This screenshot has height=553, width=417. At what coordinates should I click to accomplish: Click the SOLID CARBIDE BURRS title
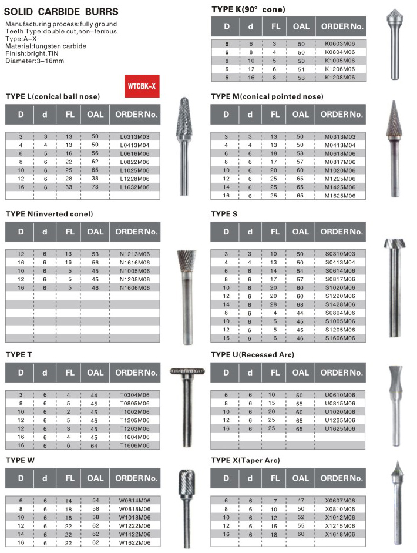pyautogui.click(x=62, y=11)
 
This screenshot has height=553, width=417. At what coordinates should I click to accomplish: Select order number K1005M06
pyautogui.click(x=341, y=61)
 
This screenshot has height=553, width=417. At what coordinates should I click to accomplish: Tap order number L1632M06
pyautogui.click(x=134, y=187)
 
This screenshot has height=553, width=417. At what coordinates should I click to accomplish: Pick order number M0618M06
pyautogui.click(x=340, y=152)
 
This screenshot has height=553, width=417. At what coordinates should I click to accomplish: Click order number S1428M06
pyautogui.click(x=340, y=304)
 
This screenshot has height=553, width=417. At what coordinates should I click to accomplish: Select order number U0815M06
pyautogui.click(x=340, y=404)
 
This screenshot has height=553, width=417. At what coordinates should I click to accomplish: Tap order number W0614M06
pyautogui.click(x=134, y=500)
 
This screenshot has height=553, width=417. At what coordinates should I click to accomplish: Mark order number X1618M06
pyautogui.click(x=340, y=534)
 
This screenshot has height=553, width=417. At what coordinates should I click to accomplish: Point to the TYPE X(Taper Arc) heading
pyautogui.click(x=254, y=460)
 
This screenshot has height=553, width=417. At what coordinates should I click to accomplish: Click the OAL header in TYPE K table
pyautogui.click(x=300, y=26)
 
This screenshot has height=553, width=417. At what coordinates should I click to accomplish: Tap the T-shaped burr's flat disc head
pyautogui.click(x=187, y=371)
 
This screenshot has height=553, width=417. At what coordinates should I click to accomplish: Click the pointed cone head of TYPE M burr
pyautogui.click(x=390, y=120)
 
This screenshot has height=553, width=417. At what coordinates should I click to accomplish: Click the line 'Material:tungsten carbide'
pyautogui.click(x=46, y=46)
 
